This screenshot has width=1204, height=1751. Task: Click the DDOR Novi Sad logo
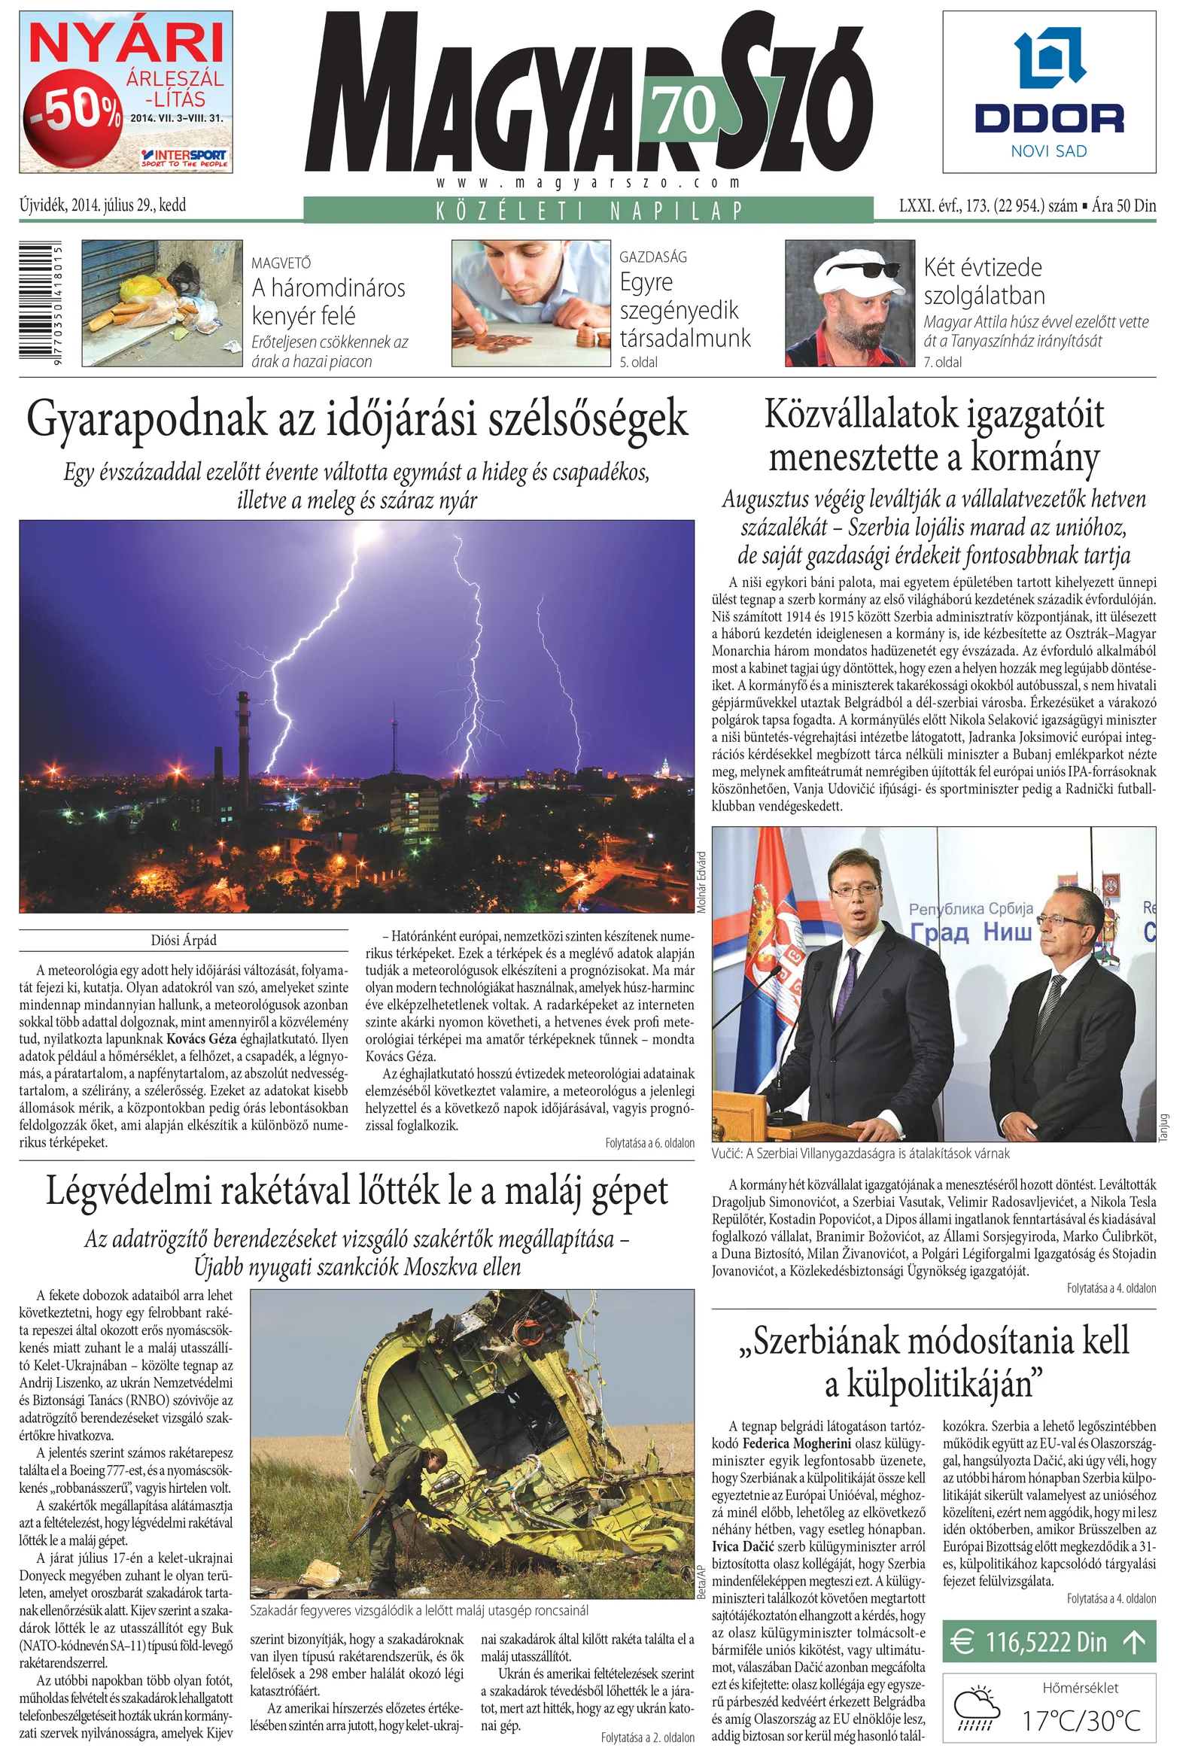(x=1048, y=92)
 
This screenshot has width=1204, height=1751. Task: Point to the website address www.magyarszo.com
(x=588, y=183)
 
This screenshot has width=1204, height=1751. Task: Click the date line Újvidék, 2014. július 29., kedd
(x=102, y=205)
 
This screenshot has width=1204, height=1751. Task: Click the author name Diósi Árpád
(x=184, y=940)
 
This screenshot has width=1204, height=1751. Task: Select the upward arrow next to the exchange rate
(x=1133, y=1642)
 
